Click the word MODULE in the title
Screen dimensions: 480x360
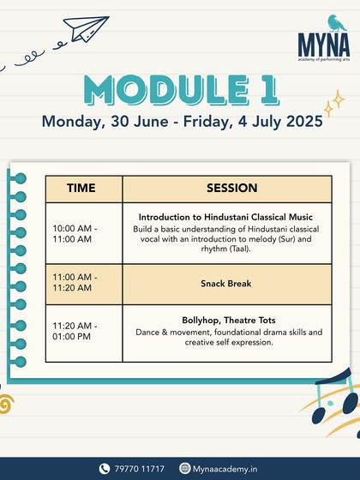159,89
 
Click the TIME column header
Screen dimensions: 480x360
83,189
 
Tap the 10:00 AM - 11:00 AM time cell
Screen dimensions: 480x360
75,234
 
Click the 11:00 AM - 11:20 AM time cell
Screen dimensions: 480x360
75,283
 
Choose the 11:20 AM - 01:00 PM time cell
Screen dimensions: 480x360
75,332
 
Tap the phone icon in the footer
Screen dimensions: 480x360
105,468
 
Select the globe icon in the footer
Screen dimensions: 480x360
185,468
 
